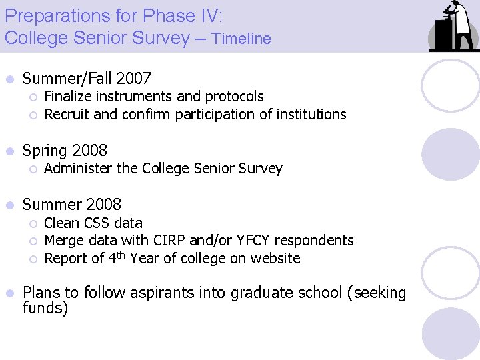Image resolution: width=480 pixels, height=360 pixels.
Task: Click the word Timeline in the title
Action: (x=241, y=39)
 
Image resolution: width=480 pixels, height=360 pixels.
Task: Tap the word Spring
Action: (x=45, y=151)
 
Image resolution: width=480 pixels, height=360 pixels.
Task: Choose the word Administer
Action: (x=78, y=168)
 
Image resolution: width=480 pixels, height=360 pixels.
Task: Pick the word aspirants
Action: (x=162, y=293)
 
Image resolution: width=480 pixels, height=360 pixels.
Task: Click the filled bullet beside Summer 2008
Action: (x=9, y=205)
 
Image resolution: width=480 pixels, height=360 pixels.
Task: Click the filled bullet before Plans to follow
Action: (x=9, y=293)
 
